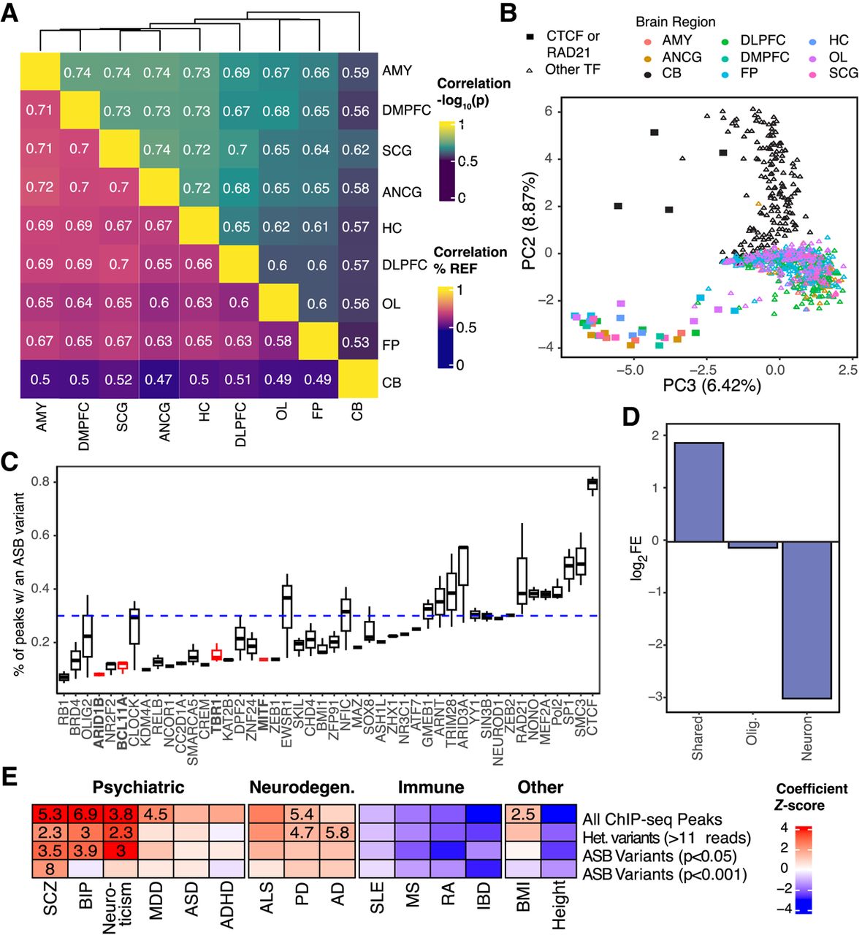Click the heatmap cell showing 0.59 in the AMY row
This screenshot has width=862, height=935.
click(x=356, y=73)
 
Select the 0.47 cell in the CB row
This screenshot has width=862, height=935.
click(x=159, y=380)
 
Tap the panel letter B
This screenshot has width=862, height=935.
click(x=508, y=12)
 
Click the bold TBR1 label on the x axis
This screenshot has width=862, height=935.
click(x=216, y=715)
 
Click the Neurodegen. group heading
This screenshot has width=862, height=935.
click(x=302, y=787)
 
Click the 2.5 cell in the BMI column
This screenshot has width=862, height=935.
click(x=522, y=814)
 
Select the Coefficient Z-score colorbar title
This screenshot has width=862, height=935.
click(x=812, y=797)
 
